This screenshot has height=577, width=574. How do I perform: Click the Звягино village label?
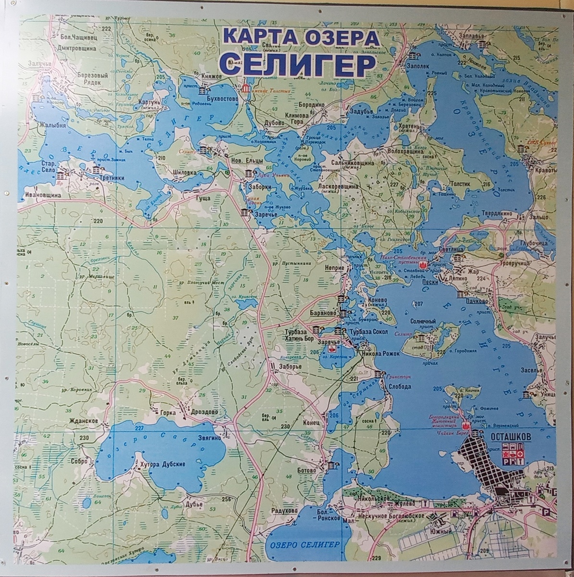[208, 438]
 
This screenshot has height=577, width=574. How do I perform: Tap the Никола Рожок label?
[382, 353]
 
